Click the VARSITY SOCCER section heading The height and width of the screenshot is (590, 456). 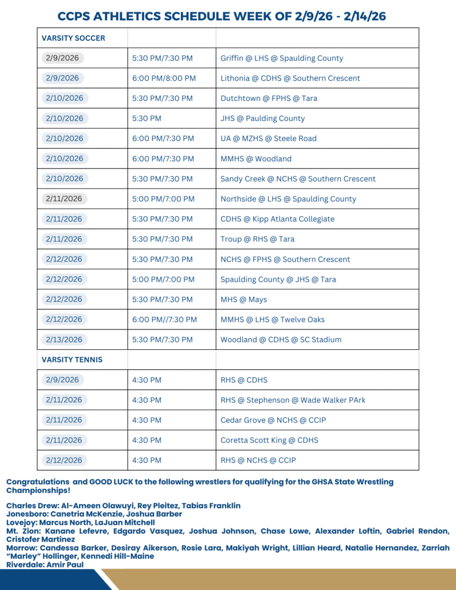(x=73, y=38)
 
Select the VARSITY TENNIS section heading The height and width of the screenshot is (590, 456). (x=72, y=360)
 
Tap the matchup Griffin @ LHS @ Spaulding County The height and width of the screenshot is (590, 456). (x=281, y=58)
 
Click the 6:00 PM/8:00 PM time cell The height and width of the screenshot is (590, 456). (x=164, y=78)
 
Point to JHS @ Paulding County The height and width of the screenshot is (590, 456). (x=262, y=118)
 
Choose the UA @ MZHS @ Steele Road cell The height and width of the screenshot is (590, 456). (x=268, y=138)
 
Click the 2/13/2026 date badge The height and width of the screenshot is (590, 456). (x=63, y=339)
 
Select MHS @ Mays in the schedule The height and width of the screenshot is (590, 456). (x=243, y=300)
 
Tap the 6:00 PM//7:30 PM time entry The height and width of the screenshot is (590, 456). (x=164, y=319)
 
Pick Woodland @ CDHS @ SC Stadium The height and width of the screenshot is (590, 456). (x=281, y=339)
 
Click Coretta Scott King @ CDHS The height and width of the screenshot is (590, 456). (x=269, y=440)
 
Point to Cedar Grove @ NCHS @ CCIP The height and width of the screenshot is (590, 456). (x=273, y=420)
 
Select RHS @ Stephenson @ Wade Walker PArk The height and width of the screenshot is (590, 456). (x=293, y=400)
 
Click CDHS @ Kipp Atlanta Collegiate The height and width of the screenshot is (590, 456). (x=277, y=219)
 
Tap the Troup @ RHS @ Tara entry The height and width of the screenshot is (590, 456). (x=257, y=239)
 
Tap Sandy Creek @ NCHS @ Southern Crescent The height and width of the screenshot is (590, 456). (x=297, y=179)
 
